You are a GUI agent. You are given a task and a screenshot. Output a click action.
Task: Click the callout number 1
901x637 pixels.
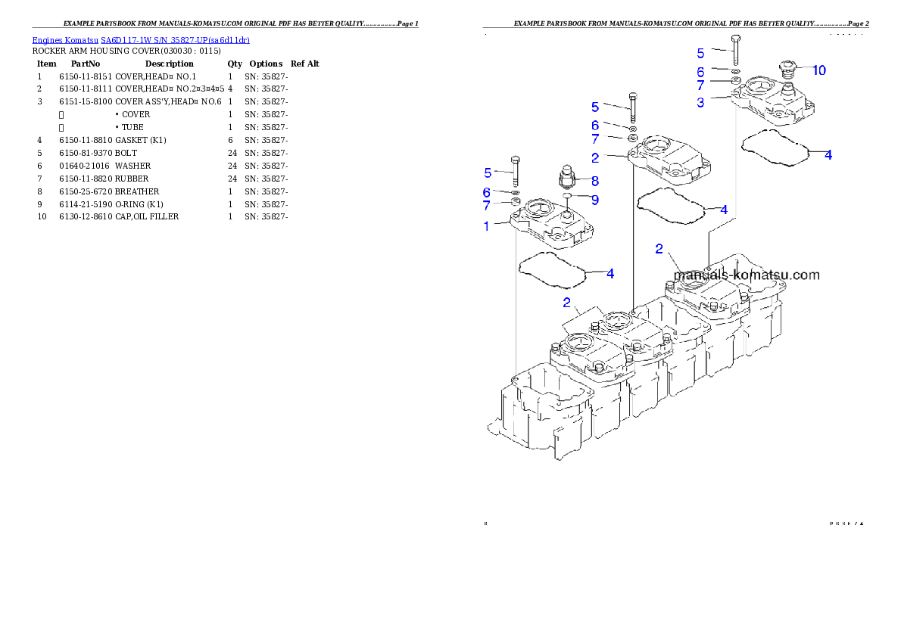[x=487, y=225]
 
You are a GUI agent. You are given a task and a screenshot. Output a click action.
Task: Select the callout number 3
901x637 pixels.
[x=700, y=102]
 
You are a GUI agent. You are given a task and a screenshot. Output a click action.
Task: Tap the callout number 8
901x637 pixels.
[x=595, y=181]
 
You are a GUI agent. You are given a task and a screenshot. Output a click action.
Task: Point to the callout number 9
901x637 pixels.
[x=595, y=200]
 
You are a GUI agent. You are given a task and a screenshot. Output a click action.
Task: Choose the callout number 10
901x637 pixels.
[x=819, y=70]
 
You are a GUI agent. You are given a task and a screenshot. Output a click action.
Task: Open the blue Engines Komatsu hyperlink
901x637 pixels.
[x=141, y=40]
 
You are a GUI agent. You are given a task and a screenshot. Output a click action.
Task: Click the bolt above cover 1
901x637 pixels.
[x=515, y=172]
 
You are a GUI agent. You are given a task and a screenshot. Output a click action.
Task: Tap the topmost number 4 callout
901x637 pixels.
[x=828, y=154]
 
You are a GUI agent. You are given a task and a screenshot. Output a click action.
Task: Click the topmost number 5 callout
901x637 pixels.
[x=700, y=53]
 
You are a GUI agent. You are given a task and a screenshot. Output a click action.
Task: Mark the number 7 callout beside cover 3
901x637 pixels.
[x=700, y=86]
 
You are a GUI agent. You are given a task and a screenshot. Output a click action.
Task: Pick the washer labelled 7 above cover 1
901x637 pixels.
[x=515, y=203]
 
